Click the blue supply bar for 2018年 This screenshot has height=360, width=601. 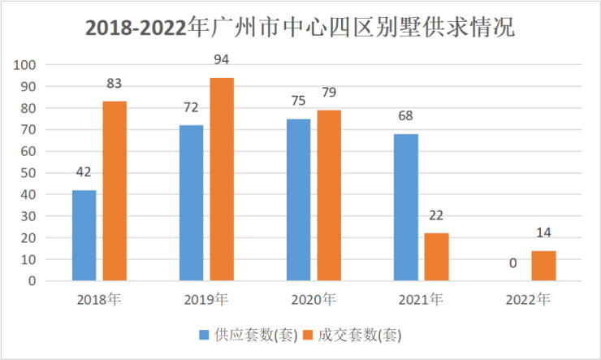click(84, 236)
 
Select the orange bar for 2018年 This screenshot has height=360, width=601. click(114, 191)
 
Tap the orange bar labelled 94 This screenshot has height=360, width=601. click(222, 180)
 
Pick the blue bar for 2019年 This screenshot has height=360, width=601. click(191, 203)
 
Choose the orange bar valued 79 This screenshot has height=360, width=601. click(329, 196)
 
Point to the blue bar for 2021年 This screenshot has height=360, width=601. click(406, 207)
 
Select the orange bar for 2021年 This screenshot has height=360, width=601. click(436, 257)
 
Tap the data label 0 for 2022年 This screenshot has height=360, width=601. click(513, 264)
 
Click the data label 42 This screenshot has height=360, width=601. click(84, 172)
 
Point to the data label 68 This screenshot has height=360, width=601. click(406, 116)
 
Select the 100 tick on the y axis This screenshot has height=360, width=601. click(27, 65)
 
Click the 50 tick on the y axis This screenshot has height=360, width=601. click(28, 173)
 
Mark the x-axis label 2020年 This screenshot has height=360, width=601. click(313, 300)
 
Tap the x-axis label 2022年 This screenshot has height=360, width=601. click(528, 300)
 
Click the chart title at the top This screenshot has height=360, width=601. click(300, 28)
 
